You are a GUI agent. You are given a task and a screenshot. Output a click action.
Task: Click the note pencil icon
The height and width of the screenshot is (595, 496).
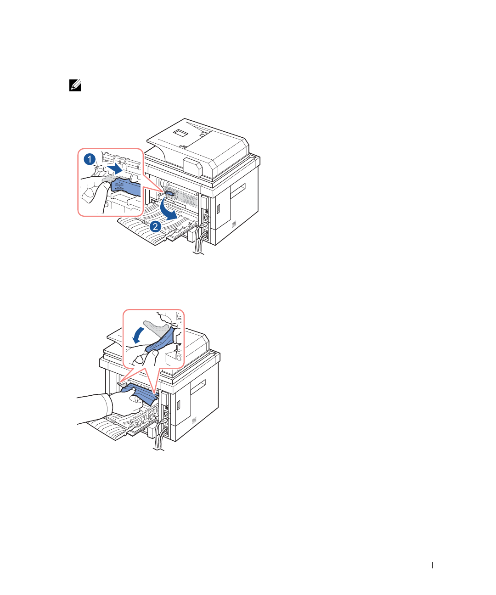[75, 85]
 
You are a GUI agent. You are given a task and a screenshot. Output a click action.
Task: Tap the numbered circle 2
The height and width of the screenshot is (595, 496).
[155, 226]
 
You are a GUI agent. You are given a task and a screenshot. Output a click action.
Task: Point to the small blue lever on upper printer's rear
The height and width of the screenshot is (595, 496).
[168, 194]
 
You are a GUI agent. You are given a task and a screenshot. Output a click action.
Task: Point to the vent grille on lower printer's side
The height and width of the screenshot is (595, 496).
[194, 421]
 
